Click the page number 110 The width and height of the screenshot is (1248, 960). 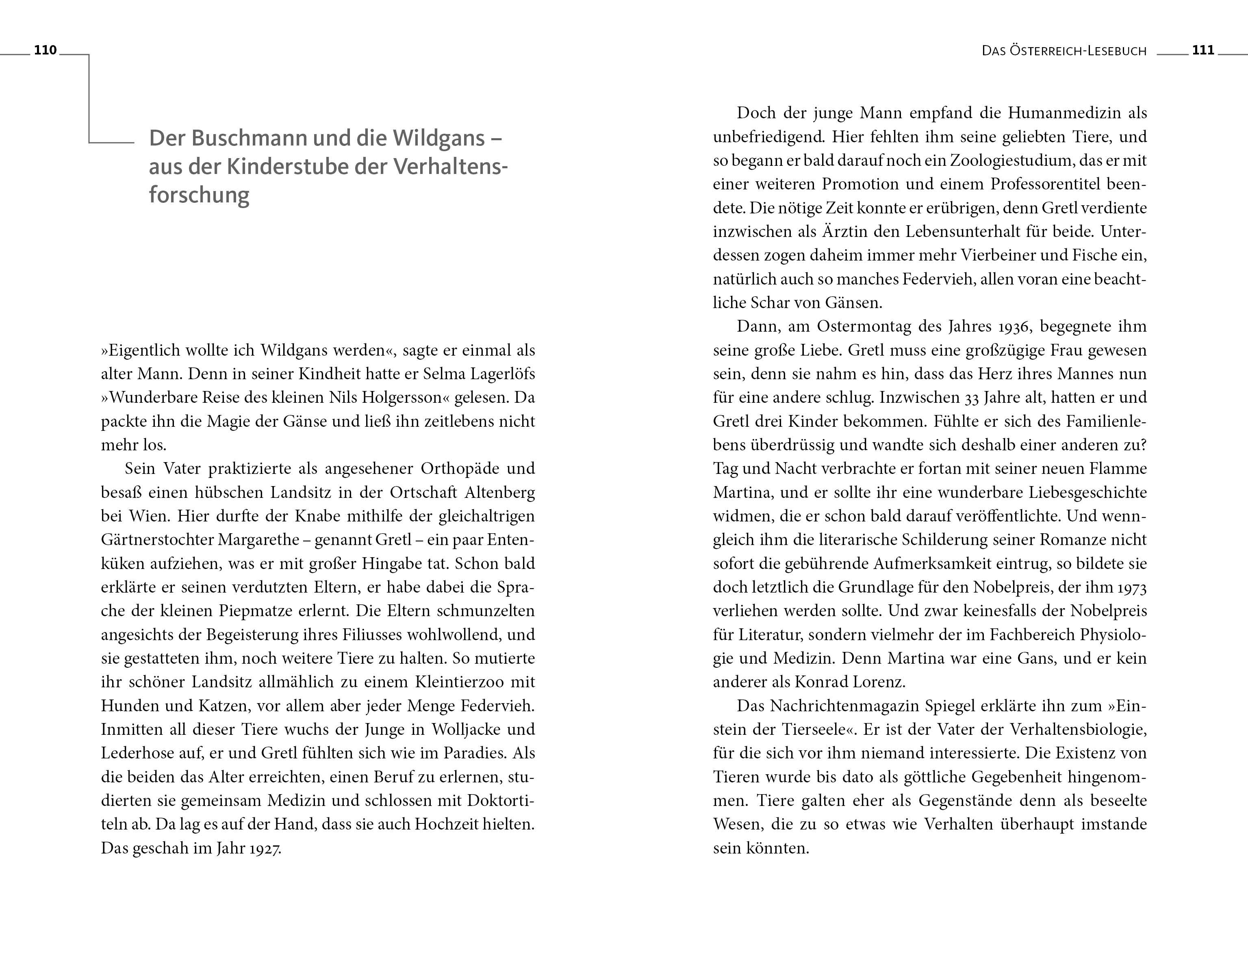(x=45, y=50)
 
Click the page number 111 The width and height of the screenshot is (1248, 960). (x=1203, y=50)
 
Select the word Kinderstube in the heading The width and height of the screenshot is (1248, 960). (x=286, y=167)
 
